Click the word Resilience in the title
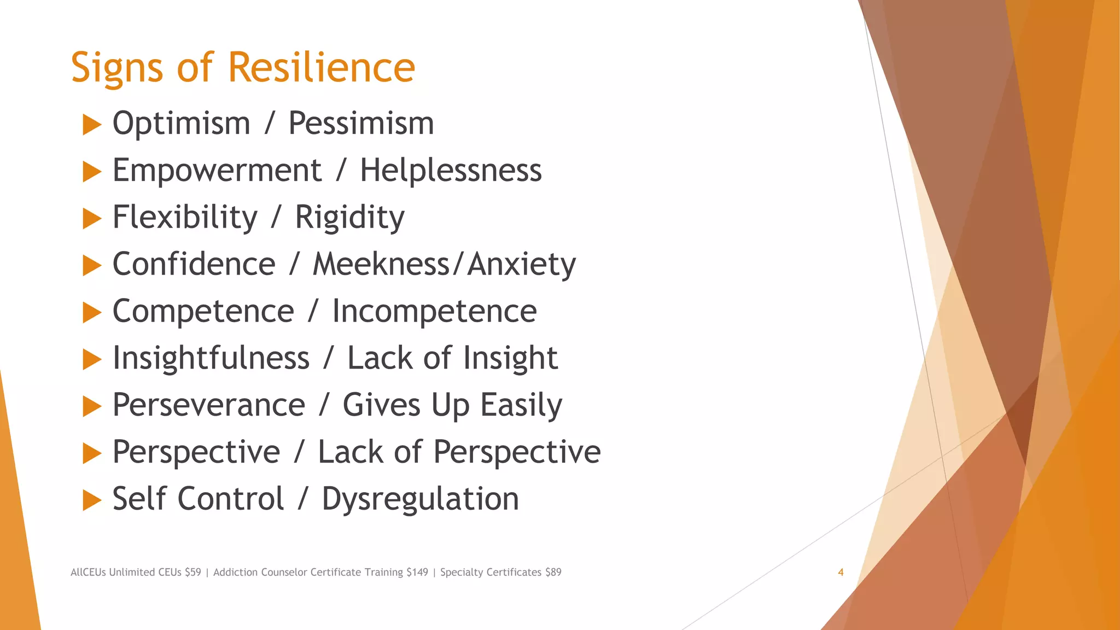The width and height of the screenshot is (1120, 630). click(321, 67)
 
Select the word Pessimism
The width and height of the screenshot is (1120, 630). click(361, 123)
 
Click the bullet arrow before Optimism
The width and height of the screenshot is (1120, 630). click(92, 125)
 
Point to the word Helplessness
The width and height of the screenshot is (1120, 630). click(451, 170)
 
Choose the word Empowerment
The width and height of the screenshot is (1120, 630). click(217, 171)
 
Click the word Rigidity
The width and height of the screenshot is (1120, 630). click(349, 218)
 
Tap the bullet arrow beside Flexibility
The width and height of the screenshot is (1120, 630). click(92, 219)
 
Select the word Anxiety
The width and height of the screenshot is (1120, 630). click(522, 265)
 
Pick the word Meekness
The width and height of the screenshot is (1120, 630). click(381, 264)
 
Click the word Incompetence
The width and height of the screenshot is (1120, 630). click(434, 312)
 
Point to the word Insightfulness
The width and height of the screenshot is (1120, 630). click(211, 358)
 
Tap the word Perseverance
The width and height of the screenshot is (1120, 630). click(208, 405)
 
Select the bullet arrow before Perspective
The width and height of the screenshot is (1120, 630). click(92, 453)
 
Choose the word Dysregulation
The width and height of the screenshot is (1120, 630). click(420, 499)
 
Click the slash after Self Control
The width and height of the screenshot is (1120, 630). click(303, 499)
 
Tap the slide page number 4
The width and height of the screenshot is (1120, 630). click(841, 572)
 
